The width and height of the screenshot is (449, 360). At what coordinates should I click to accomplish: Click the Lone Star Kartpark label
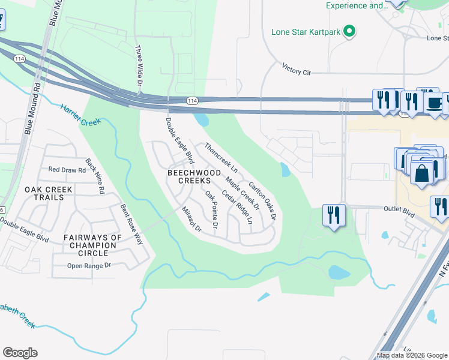pos(306,32)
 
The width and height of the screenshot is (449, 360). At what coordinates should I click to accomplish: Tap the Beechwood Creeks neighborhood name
pos(189,176)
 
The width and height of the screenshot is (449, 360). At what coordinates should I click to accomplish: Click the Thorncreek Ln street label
pos(221,157)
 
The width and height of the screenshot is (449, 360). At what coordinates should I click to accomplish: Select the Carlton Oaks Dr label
pos(262,200)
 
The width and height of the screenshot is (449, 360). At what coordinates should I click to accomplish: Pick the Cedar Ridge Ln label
pos(237,207)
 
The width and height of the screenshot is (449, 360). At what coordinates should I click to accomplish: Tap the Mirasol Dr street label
pos(191,220)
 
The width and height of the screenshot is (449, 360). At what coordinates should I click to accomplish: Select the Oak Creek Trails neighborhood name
pos(49,193)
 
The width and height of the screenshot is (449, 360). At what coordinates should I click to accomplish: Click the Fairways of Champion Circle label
pos(93,245)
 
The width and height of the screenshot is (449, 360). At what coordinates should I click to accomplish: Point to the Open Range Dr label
pos(89,265)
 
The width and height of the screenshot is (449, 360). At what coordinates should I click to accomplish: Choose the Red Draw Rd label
pos(67,170)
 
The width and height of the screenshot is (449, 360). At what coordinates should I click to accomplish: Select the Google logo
pos(20,353)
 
